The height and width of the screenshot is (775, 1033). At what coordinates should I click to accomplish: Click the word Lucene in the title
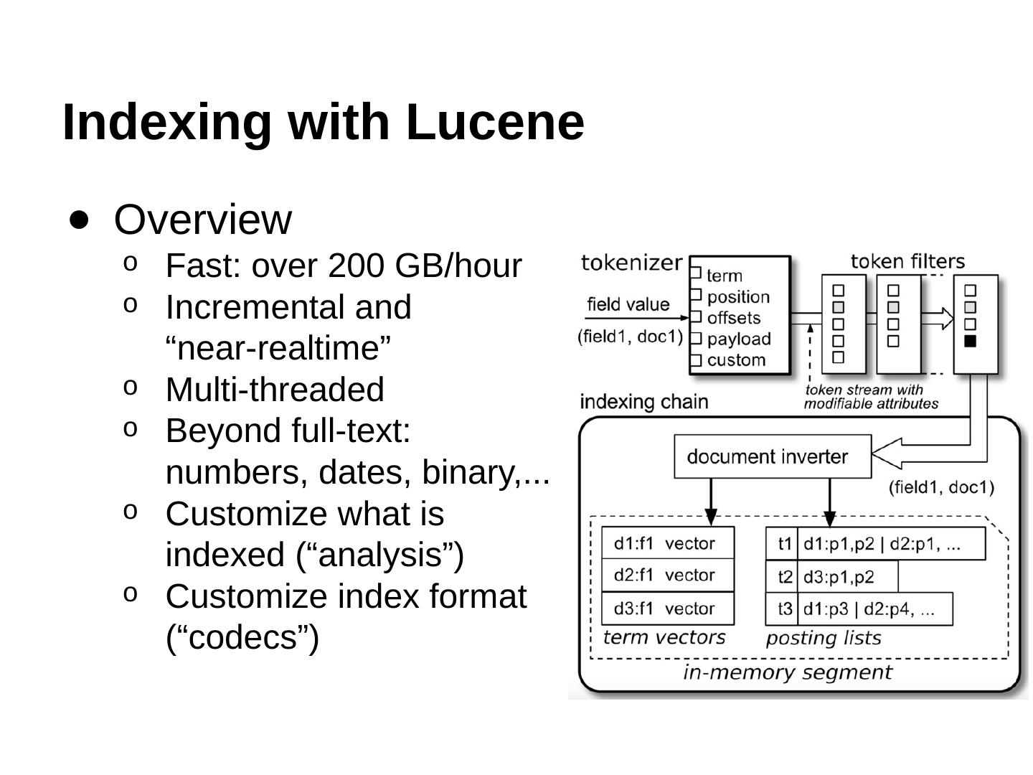click(x=495, y=122)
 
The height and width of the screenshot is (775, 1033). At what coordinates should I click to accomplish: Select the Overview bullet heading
click(x=202, y=220)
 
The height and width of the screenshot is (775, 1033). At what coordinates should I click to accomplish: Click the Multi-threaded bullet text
click(x=275, y=390)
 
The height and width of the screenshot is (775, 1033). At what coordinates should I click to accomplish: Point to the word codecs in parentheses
click(x=242, y=637)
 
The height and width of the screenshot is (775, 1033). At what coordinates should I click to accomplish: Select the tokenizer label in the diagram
click(x=631, y=263)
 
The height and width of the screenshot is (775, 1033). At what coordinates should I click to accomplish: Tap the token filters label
click(x=907, y=261)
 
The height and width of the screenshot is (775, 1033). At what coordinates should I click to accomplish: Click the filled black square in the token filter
click(x=970, y=342)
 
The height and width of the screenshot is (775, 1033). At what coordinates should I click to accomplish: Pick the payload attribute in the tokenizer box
click(x=738, y=339)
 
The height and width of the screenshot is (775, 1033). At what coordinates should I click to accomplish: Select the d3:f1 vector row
click(x=666, y=609)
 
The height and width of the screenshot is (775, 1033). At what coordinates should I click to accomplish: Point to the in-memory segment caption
click(x=787, y=672)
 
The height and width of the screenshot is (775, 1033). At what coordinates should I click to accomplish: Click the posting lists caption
click(x=823, y=638)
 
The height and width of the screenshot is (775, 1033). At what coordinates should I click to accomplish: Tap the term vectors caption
click(x=664, y=637)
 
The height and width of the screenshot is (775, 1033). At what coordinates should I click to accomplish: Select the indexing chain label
click(x=643, y=402)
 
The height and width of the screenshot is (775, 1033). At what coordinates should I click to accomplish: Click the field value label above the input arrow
click(x=628, y=304)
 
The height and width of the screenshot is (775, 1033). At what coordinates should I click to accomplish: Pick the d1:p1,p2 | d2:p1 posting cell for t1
click(x=890, y=544)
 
